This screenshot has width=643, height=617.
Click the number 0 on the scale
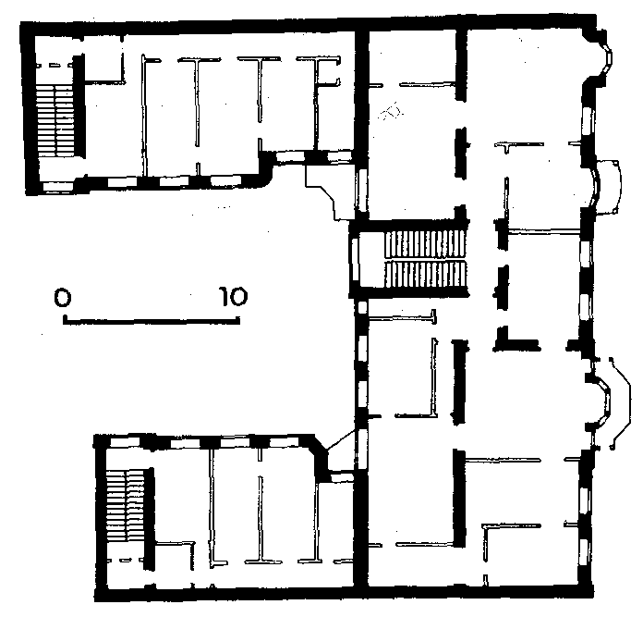(62, 298)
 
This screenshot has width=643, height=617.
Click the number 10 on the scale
(234, 296)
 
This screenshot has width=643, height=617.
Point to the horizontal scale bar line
(152, 319)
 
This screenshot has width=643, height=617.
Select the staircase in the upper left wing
(55, 120)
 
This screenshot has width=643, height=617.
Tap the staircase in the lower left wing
(126, 505)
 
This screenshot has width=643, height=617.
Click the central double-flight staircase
(425, 259)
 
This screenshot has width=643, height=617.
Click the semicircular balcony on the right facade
(607, 187)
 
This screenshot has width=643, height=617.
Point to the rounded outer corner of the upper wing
(267, 178)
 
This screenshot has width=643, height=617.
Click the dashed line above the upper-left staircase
(54, 66)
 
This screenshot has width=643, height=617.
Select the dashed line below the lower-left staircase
(125, 560)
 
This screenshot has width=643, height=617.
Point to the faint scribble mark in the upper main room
(391, 110)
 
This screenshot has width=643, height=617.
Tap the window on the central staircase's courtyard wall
(355, 259)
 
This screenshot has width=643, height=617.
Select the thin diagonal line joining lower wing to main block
(341, 438)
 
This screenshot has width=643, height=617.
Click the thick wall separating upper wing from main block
(362, 123)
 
